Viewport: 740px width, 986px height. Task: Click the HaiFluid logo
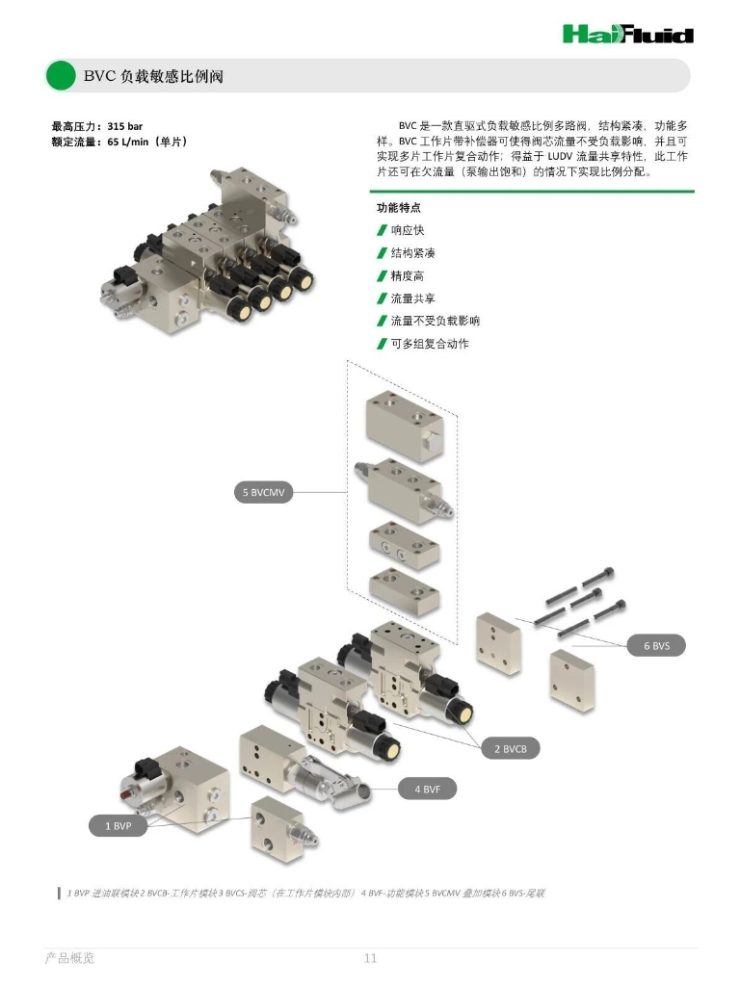pos(627,35)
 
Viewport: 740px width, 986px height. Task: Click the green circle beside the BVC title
pos(61,75)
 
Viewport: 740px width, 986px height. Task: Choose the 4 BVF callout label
pos(428,790)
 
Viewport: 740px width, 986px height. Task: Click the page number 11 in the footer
pos(370,958)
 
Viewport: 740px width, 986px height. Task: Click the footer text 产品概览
pos(70,958)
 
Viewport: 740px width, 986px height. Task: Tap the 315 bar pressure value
pos(125,126)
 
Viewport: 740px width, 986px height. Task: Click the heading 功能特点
pos(398,208)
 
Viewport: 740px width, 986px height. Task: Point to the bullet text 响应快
pos(407,230)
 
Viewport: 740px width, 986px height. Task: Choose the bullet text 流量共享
pos(412,298)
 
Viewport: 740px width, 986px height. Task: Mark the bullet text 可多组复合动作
pos(430,344)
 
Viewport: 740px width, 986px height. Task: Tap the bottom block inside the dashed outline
pos(404,588)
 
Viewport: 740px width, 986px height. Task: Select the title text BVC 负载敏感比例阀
pos(153,76)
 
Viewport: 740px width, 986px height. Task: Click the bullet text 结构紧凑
pos(412,253)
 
